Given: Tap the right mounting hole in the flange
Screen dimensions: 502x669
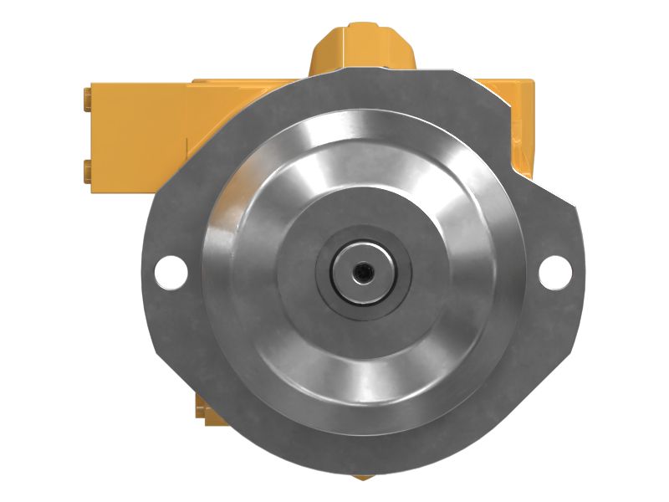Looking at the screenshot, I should coord(554,269).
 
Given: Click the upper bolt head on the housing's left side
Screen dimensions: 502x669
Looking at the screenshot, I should coord(87,100).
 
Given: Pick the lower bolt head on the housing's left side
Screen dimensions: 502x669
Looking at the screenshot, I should coord(87,172).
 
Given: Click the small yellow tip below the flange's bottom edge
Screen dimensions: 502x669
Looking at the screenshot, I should coord(362,478).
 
